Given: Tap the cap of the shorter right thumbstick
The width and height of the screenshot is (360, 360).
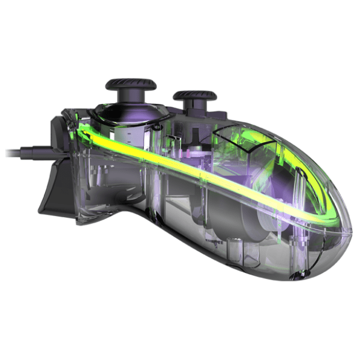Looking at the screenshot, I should pyautogui.click(x=196, y=95).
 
